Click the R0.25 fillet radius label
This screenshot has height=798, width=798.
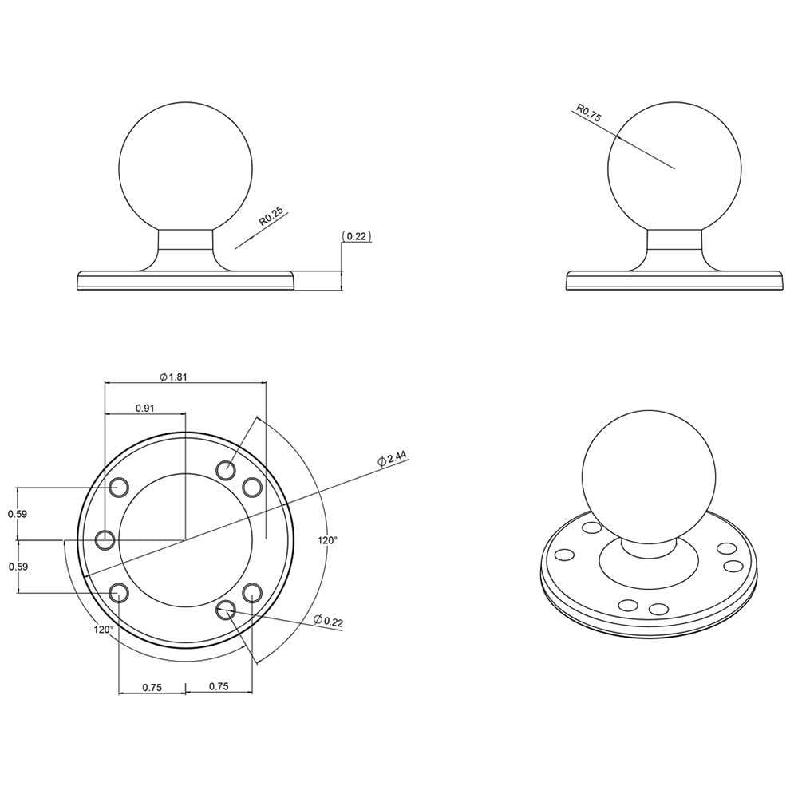(x=271, y=217)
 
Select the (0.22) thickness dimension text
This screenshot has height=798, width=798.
(x=356, y=236)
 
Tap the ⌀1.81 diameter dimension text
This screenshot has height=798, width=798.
(x=173, y=377)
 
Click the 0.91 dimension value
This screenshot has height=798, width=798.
(x=144, y=408)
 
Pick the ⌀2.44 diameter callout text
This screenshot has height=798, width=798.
(x=393, y=460)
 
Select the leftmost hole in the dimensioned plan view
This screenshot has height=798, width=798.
(x=105, y=540)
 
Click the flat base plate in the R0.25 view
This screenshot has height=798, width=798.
(x=185, y=282)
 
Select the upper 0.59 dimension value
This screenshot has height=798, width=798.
(x=18, y=514)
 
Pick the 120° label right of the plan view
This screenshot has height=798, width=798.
(x=327, y=540)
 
